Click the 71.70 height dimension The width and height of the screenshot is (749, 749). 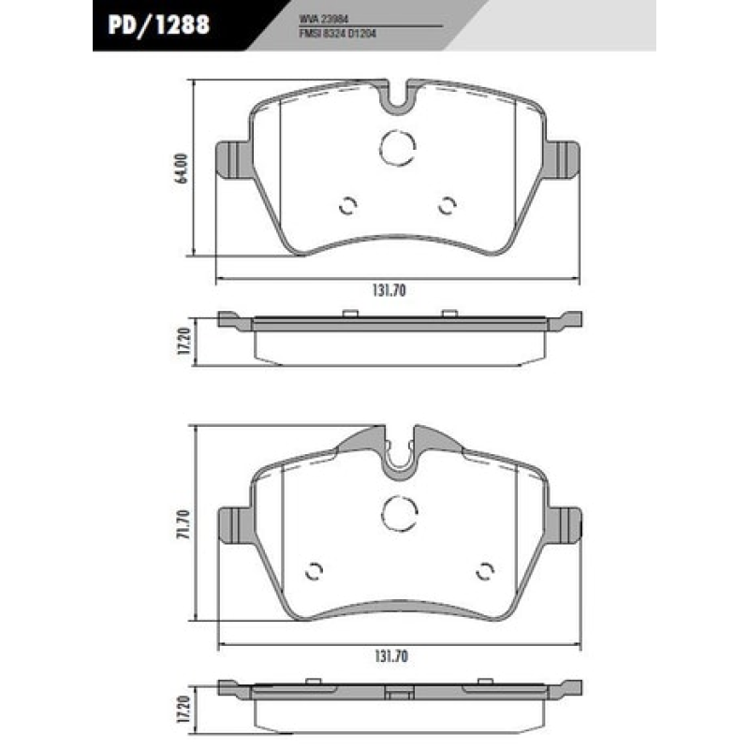tap(183, 524)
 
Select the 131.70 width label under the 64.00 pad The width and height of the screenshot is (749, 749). tap(388, 291)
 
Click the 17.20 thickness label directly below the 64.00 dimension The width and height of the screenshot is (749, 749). tap(184, 340)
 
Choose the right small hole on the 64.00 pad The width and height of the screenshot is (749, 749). tap(448, 205)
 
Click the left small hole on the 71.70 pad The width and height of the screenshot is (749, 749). tap(315, 570)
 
